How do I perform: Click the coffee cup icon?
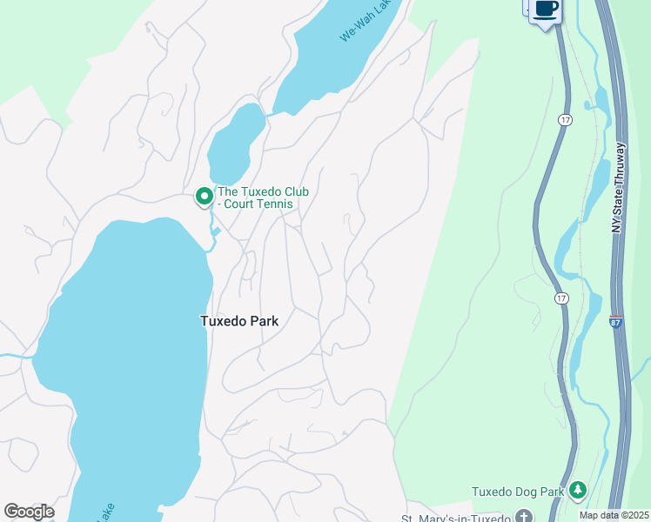(x=546, y=10)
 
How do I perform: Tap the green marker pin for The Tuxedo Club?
(x=205, y=197)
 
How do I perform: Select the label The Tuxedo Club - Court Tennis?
(x=262, y=198)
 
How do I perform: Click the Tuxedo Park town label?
(x=239, y=321)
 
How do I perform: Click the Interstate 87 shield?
(x=615, y=322)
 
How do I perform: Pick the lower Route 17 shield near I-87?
(x=563, y=298)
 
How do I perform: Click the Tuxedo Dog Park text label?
(x=519, y=492)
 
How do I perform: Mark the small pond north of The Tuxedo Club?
(x=233, y=144)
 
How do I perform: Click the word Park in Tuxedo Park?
(x=264, y=321)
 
